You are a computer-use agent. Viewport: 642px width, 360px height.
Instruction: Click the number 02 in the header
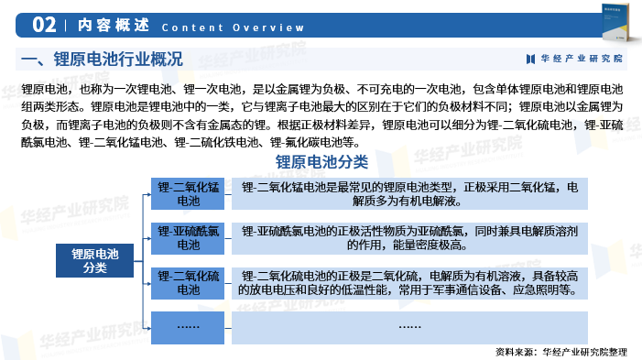coord(44,25)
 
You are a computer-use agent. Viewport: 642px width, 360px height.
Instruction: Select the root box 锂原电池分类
coord(95,260)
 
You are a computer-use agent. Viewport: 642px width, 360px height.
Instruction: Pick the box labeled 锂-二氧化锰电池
coord(188,194)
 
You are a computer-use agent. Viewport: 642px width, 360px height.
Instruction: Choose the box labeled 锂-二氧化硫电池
coord(188,282)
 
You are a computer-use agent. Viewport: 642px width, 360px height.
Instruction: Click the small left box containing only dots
coord(188,325)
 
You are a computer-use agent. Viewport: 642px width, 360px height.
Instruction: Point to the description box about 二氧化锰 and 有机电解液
coord(409,194)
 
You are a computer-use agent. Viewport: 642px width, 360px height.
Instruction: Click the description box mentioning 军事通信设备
coord(409,282)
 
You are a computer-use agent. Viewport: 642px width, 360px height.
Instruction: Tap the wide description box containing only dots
coord(409,325)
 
